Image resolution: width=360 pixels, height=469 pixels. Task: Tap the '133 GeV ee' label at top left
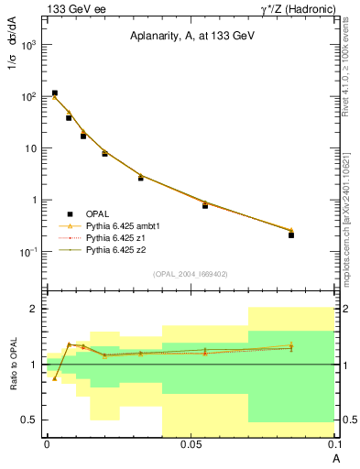tap(71, 8)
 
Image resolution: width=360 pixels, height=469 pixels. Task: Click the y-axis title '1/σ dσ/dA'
tap(16, 70)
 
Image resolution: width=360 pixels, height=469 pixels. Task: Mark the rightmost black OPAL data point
tap(291, 235)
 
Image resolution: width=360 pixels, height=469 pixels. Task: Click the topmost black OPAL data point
tap(55, 93)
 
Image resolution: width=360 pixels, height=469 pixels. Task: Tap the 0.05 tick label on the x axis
tap(191, 443)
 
